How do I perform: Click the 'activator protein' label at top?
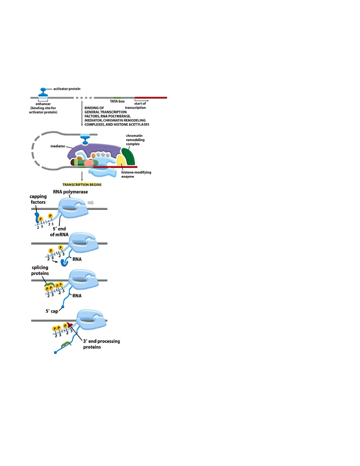(67, 89)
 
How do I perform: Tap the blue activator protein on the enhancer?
(43, 92)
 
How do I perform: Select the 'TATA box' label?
(117, 101)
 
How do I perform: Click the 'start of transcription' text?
(135, 106)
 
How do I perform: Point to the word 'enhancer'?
(43, 104)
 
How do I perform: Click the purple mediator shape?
(95, 149)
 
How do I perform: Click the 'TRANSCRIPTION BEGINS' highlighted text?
(82, 185)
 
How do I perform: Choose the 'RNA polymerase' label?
(70, 192)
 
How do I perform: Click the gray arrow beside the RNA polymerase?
(90, 202)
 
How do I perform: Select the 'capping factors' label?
(38, 199)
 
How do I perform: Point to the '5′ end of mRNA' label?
(59, 231)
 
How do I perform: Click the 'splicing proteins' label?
(40, 270)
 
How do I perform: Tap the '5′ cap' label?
(52, 311)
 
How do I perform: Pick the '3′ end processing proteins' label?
(101, 344)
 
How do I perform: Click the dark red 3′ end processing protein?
(70, 325)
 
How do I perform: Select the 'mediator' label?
(58, 146)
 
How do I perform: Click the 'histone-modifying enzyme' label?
(136, 174)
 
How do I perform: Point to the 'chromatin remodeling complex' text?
(135, 140)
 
